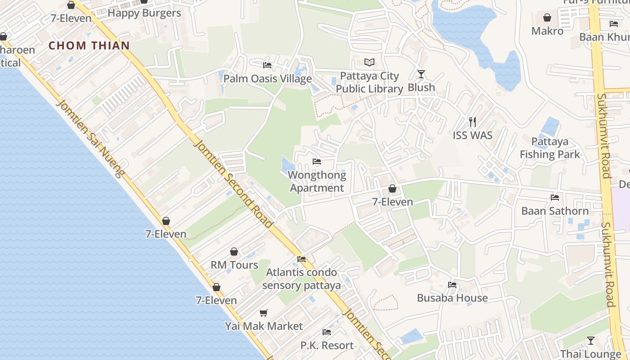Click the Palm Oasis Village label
[268, 79]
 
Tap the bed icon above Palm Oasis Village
[267, 65]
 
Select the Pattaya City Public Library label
[369, 82]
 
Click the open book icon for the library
[369, 62]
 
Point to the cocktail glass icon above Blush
[421, 74]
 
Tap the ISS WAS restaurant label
[472, 135]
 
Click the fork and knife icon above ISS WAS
[472, 121]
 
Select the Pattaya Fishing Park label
[550, 148]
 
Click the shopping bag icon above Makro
[547, 18]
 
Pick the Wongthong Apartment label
[317, 181]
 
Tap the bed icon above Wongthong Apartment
[317, 162]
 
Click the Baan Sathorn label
[555, 211]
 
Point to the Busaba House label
[452, 298]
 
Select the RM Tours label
[234, 265]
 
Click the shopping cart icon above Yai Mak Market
[264, 313]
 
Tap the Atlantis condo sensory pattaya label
[301, 279]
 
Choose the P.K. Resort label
[327, 345]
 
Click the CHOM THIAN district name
[89, 45]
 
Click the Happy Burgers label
[144, 13]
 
